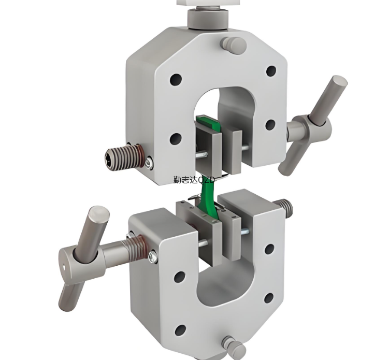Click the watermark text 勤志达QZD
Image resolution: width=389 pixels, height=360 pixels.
point(194,180)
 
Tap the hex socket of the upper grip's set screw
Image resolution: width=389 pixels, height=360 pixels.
point(109,161)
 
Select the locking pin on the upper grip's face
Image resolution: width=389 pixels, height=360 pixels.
point(233,46)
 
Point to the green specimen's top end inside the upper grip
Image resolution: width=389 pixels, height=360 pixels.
point(207,121)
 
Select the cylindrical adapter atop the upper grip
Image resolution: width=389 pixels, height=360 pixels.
point(208,19)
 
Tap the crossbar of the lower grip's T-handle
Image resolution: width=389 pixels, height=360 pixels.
point(83,258)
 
